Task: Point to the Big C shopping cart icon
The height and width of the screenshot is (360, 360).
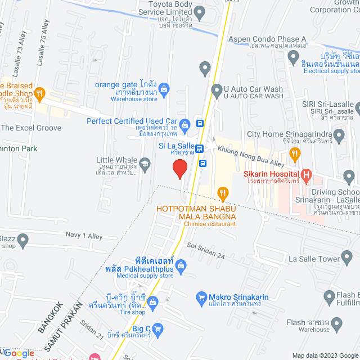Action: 157,328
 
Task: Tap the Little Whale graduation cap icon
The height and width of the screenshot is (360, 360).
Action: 145,165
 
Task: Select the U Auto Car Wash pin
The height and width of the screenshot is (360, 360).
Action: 217,90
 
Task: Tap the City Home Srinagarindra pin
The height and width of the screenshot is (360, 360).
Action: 339,135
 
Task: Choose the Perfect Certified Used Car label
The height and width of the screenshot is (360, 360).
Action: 132,121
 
